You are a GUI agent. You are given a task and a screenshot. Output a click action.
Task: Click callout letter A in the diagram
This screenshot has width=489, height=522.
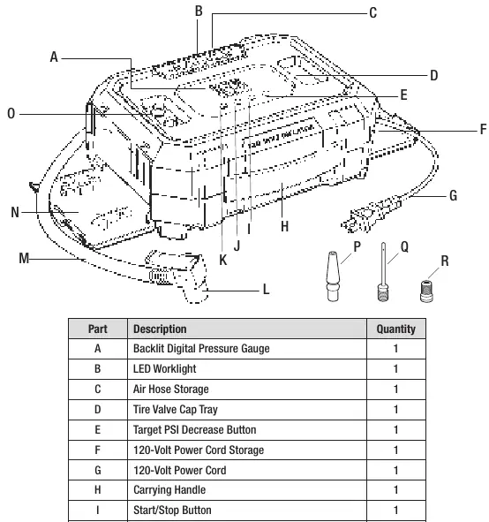[54, 57]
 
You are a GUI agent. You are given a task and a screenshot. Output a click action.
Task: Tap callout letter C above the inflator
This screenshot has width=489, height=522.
[372, 13]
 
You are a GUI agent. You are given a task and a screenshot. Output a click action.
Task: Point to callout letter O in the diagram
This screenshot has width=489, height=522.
[11, 114]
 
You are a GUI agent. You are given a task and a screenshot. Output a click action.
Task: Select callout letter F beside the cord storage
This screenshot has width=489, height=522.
[484, 129]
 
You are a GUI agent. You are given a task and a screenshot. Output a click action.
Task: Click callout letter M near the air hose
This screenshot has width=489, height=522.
[24, 258]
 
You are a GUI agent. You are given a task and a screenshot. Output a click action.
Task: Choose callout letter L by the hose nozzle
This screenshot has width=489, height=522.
[266, 290]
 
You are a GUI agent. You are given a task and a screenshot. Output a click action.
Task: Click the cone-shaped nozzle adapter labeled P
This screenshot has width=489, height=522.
[334, 276]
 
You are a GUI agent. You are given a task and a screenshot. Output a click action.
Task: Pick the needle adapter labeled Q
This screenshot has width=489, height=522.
[383, 272]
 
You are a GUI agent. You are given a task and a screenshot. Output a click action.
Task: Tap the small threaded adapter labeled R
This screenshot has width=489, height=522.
[427, 291]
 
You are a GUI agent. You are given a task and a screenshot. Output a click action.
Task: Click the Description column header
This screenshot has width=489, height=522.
[160, 329]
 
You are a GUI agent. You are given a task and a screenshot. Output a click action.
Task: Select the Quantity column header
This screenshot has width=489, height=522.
[395, 329]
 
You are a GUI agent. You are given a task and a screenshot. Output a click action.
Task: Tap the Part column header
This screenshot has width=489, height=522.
[98, 329]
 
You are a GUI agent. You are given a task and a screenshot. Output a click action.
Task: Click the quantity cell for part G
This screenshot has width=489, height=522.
[395, 470]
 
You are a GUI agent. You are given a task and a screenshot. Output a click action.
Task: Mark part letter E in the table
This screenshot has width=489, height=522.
[97, 430]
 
